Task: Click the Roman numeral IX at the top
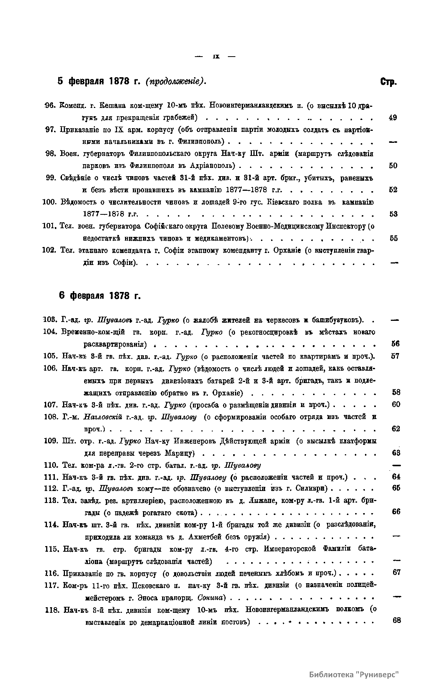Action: [x=216, y=57]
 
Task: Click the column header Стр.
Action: [x=389, y=82]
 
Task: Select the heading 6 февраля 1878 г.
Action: [x=100, y=296]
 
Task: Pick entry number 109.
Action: [x=50, y=441]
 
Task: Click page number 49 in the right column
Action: [x=393, y=118]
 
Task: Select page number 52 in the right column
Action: [x=393, y=190]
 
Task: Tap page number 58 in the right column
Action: [x=396, y=392]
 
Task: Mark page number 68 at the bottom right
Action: [x=396, y=620]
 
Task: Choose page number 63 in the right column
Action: [x=396, y=453]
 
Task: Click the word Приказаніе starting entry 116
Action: [x=80, y=573]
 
